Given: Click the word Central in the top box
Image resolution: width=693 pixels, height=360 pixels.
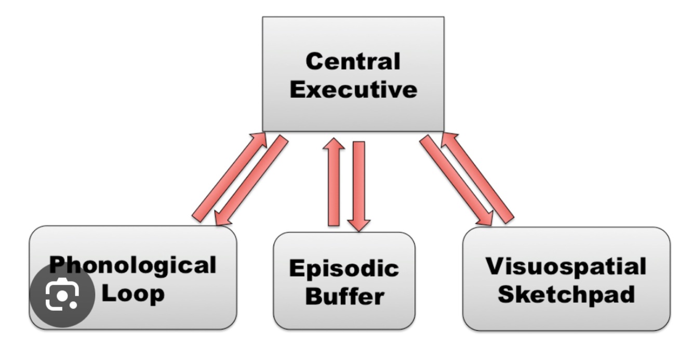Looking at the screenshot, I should pos(353,61).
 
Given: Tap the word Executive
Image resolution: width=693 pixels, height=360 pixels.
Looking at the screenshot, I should pos(353,89).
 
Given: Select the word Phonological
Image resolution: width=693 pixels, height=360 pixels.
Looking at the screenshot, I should pos(132,265).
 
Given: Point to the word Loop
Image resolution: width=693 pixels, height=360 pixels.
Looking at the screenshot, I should pos(133,293).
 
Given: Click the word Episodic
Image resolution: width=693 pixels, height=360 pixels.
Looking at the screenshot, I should pos(344,269).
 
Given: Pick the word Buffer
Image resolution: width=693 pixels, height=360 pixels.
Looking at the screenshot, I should pos(344,297).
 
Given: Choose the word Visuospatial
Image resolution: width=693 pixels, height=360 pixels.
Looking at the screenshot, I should pos(566,266).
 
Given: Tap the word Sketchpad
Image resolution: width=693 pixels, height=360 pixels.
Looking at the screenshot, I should pos(566,294).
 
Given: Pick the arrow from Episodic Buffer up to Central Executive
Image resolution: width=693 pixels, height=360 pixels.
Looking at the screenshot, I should pos(334,182).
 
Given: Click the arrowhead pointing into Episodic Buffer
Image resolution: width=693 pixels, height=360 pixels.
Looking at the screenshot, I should pos(358,225).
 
